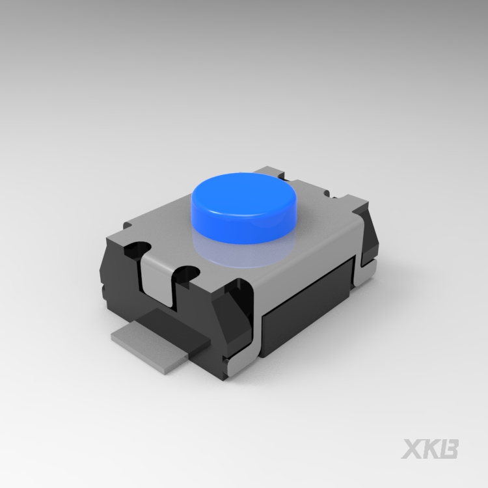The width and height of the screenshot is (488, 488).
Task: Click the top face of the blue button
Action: (244, 193)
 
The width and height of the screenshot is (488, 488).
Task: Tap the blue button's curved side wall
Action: (243, 229)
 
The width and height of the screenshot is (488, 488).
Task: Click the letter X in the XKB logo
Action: (413, 448)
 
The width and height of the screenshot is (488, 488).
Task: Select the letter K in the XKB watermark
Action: (431, 448)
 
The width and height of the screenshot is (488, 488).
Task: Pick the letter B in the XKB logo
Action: (449, 448)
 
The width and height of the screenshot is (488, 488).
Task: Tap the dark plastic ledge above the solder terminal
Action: (174, 327)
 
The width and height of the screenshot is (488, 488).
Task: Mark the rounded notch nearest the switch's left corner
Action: (137, 248)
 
